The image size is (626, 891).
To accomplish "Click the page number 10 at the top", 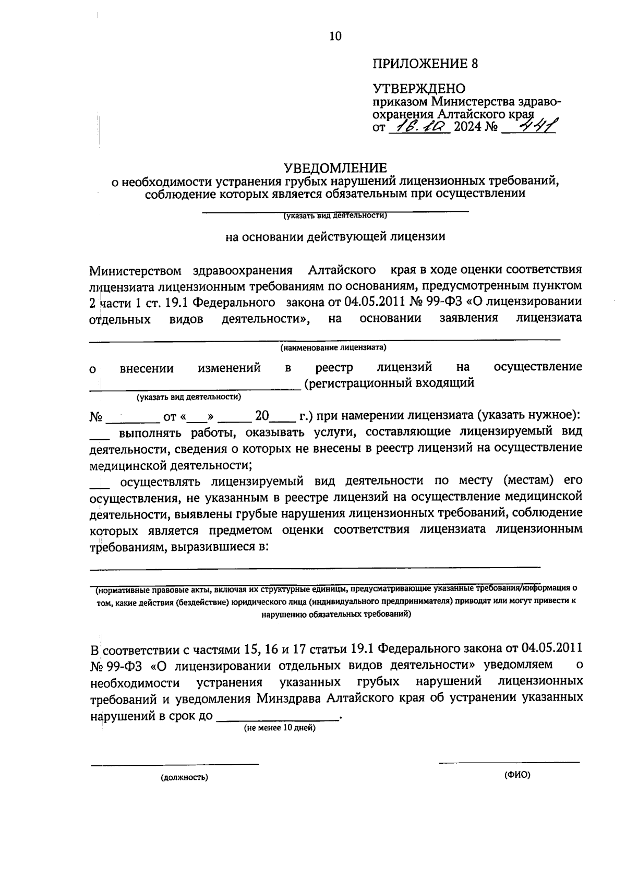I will coord(335,36).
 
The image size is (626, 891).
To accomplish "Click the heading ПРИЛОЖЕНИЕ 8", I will coord(425,64).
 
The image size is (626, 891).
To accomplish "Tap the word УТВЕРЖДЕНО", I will coord(418,89).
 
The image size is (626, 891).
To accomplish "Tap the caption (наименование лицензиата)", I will coord(333,347).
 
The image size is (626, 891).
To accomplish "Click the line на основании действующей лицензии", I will coord(335,236).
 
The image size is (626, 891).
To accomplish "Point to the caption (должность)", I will coord(184,778).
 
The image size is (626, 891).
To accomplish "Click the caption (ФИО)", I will coord(517,775).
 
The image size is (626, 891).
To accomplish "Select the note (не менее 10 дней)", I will coord(280,728).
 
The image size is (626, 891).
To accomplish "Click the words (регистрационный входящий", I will coord(389,383).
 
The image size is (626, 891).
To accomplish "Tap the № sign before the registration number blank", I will coord(96,417).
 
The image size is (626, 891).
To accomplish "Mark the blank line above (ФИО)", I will coord(509,762).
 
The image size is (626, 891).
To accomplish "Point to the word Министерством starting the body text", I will coord(135,271).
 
